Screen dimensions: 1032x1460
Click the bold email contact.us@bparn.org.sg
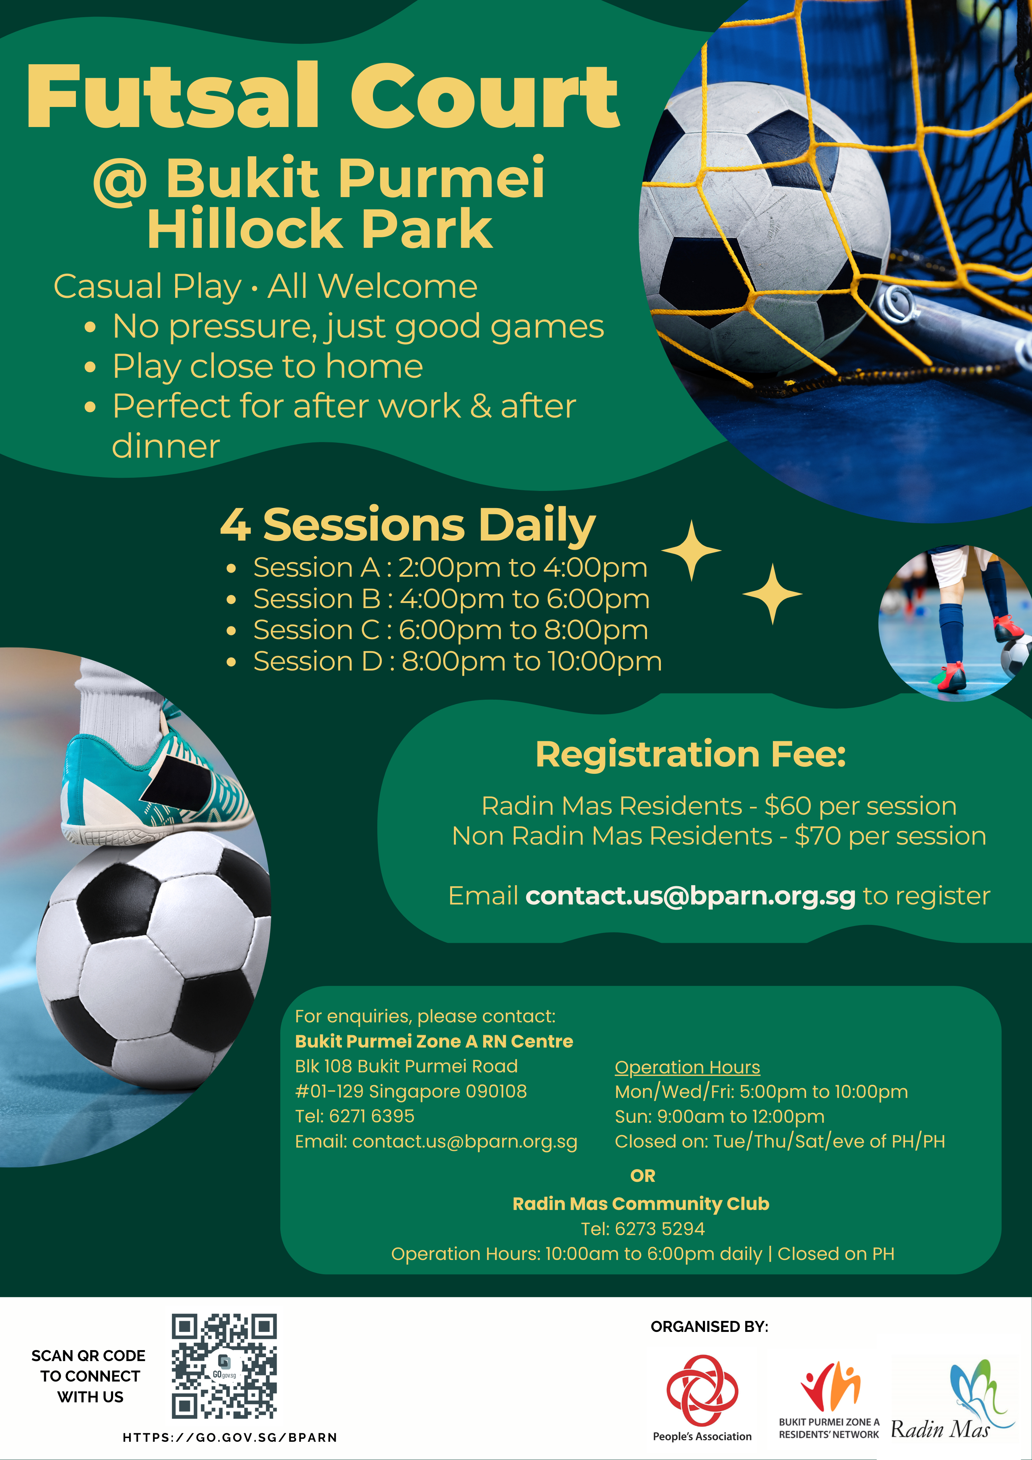690,895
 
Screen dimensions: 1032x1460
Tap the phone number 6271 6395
372,1116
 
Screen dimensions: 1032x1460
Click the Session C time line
450,630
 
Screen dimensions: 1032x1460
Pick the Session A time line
450,567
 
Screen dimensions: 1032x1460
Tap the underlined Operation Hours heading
688,1067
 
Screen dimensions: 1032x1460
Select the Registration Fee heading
690,754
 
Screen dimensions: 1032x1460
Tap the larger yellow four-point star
692,551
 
